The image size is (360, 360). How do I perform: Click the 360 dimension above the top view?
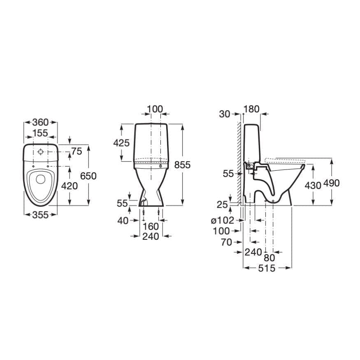[40, 122]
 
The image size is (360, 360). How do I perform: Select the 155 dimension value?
[40, 133]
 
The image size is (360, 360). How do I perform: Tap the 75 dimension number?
[77, 151]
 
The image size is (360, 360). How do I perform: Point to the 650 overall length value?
[88, 176]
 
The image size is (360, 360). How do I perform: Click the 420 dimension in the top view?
[70, 186]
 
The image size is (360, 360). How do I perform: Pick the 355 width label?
[40, 215]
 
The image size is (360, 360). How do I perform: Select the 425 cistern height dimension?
[121, 143]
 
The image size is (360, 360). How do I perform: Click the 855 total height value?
[182, 165]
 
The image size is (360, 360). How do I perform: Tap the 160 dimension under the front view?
[151, 226]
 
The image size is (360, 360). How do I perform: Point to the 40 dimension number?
[123, 221]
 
